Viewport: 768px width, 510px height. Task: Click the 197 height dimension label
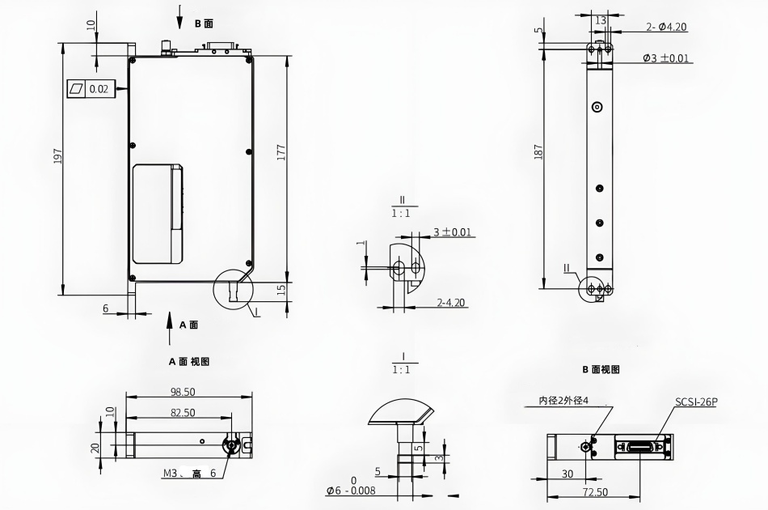(58, 155)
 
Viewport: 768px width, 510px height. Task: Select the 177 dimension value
(281, 153)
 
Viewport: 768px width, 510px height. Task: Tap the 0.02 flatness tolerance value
(99, 89)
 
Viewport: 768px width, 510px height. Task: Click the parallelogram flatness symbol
(77, 89)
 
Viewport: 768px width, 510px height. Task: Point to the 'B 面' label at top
(204, 23)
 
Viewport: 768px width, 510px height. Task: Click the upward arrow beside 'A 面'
(170, 328)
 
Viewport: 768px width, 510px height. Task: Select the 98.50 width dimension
(183, 392)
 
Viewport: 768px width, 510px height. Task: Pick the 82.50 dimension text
(183, 412)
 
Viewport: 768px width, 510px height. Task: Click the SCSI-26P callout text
(696, 402)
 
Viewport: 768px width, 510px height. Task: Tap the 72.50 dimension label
(595, 492)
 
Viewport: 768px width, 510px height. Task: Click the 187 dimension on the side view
(538, 151)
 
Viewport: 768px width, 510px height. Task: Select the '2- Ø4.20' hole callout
(666, 27)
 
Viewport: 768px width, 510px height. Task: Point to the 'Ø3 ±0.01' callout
(665, 58)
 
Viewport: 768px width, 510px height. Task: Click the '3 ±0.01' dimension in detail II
(452, 232)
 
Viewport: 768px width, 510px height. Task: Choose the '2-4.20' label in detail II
(450, 302)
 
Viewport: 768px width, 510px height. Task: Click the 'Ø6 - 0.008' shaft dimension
(352, 490)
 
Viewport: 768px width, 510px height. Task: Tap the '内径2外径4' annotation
(563, 401)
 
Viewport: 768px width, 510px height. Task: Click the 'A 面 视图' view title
(189, 361)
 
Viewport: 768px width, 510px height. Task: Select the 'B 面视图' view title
(601, 369)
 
